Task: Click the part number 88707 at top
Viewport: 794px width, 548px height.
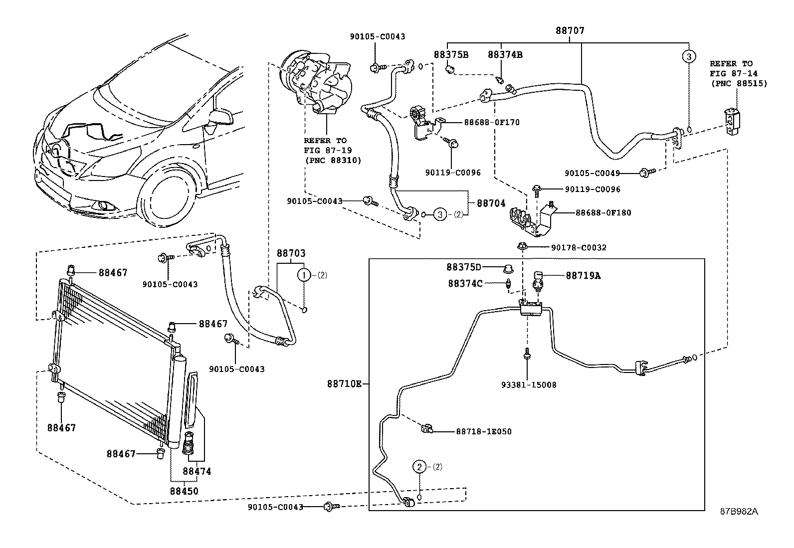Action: point(570,30)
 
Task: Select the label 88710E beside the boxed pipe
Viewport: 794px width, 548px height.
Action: point(344,384)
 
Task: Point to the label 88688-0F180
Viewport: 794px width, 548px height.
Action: point(603,213)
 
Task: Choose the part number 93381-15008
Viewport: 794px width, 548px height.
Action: point(529,385)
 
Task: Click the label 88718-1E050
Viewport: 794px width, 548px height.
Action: point(483,431)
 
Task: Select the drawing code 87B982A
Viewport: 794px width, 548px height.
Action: point(739,511)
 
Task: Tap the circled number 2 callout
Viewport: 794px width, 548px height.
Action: point(419,467)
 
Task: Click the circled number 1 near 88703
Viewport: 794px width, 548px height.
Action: point(304,275)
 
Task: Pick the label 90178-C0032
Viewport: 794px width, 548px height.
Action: point(579,247)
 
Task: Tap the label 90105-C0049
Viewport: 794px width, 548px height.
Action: point(592,173)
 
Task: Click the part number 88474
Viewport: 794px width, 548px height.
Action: point(197,471)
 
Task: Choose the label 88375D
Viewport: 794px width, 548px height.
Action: point(464,268)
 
